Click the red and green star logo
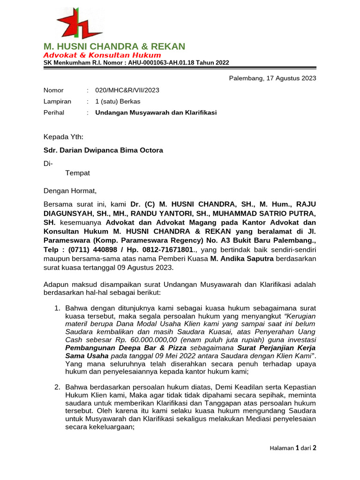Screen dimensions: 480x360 79,23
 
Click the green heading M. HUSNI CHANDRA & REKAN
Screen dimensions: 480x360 114,46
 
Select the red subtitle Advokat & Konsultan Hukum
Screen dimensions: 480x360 102,55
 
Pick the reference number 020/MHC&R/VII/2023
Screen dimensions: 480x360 127,90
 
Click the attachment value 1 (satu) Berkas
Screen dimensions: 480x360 118,101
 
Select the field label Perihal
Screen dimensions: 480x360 53,112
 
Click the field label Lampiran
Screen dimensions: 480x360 57,101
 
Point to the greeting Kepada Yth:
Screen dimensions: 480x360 63,137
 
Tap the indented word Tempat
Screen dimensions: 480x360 77,173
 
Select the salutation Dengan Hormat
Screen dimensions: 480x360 70,191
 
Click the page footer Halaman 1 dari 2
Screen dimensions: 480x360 293,448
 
